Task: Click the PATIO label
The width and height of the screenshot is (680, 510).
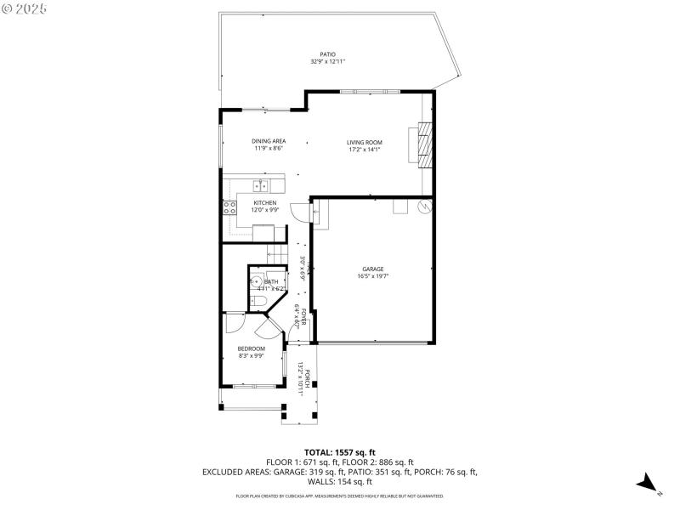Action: pos(327,54)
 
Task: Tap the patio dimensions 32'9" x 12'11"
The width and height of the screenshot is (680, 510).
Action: pos(327,61)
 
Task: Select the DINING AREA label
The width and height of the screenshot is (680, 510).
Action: pos(268,141)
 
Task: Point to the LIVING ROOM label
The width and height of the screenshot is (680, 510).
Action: pos(364,142)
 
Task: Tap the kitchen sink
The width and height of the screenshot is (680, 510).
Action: pos(259,184)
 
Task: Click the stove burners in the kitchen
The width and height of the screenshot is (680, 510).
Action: pos(229,207)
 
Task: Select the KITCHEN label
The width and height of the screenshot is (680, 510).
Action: pos(265,203)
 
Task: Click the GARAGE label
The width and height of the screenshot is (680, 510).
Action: pos(373,269)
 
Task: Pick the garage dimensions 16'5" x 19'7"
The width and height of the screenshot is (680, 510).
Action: pos(373,275)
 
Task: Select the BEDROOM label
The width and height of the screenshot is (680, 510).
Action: pos(251,348)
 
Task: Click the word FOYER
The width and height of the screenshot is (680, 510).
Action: pos(303,317)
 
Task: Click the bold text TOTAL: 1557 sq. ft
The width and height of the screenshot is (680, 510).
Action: pos(339,452)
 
